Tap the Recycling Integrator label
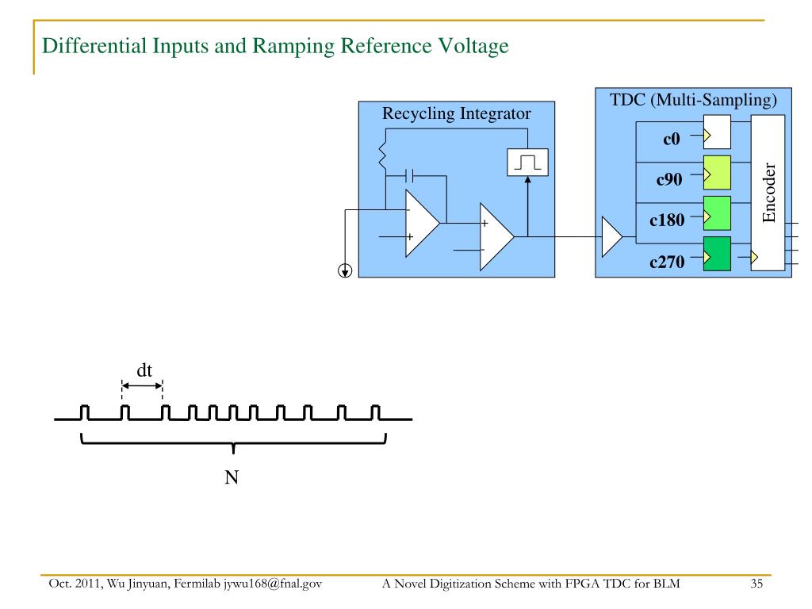[x=456, y=113]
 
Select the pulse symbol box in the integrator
[x=527, y=162]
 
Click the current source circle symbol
[x=345, y=270]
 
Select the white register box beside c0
[x=717, y=132]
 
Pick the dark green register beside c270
[x=717, y=254]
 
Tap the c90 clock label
[x=669, y=179]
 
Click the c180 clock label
[x=667, y=220]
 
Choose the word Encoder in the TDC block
[x=769, y=193]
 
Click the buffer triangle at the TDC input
[x=611, y=236]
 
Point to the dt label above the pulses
[x=144, y=370]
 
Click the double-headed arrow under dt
[x=142, y=386]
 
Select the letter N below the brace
[x=232, y=477]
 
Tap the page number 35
[x=756, y=584]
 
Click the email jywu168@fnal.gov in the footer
[x=273, y=584]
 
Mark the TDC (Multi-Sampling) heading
[x=693, y=100]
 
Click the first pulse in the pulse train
[x=84, y=412]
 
